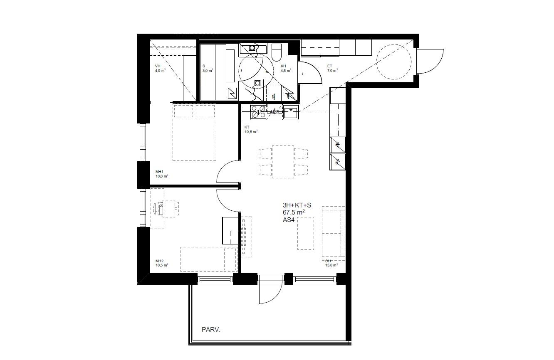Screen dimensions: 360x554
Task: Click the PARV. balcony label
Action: pos(210,330)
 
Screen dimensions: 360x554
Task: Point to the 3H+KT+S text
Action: pos(297,205)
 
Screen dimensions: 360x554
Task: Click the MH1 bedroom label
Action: pos(159,172)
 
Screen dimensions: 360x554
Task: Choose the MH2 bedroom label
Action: pos(159,261)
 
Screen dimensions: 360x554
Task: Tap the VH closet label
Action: pos(158,66)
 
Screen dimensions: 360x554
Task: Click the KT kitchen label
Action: pos(247,127)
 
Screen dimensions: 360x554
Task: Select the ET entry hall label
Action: pos(330,66)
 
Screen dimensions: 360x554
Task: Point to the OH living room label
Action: pos(328,261)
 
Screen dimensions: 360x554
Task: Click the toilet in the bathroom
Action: pos(277,52)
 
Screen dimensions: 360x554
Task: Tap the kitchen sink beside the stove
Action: pos(290,111)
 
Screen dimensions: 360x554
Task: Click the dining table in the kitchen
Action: pos(283,161)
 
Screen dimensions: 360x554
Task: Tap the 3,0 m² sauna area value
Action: pos(208,71)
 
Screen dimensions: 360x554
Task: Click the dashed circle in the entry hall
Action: pos(393,63)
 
